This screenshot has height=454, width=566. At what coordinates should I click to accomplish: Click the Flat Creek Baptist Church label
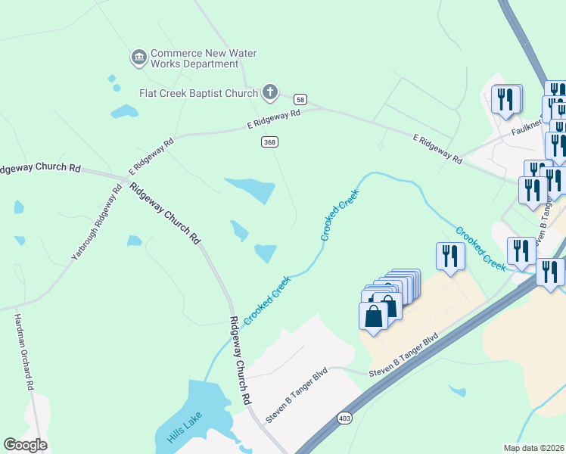click(x=198, y=93)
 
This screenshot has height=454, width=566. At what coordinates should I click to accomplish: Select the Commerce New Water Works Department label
click(x=204, y=58)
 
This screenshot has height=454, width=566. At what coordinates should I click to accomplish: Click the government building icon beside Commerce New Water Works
click(x=138, y=58)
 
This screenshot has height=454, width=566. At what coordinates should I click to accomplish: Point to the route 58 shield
click(x=301, y=99)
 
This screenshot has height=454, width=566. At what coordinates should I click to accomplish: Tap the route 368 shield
click(x=269, y=141)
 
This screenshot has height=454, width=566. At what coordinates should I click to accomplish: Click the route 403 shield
click(x=345, y=418)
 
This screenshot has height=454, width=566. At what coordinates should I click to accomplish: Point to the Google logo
click(x=25, y=444)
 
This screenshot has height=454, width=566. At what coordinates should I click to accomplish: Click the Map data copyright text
click(x=533, y=448)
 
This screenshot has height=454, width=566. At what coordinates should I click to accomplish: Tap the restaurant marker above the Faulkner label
click(x=506, y=98)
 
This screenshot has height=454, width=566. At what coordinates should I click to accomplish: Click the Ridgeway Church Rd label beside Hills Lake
click(x=240, y=360)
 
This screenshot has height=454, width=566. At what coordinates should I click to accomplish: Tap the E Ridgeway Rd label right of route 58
click(x=437, y=148)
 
